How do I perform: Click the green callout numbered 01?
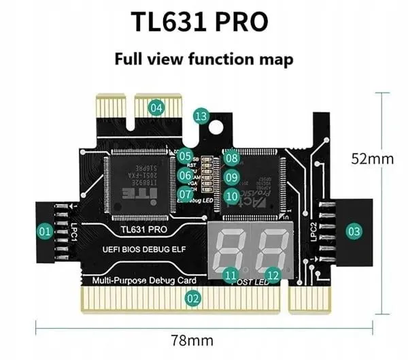(46, 232)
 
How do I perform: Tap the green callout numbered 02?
(193, 297)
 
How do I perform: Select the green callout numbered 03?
(354, 231)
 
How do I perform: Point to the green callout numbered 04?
(157, 107)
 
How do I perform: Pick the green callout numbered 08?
(233, 159)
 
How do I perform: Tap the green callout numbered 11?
(231, 275)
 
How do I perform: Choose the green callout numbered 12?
(273, 275)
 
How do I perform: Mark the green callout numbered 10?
(233, 196)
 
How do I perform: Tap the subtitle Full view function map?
(203, 59)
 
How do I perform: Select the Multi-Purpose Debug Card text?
(139, 280)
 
